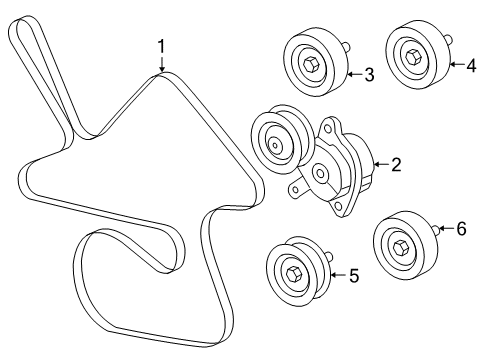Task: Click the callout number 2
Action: point(395,164)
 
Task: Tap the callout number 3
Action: point(369,73)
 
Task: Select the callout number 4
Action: point(470,65)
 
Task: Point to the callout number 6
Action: point(461,229)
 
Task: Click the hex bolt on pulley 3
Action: point(308,62)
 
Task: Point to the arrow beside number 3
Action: point(351,73)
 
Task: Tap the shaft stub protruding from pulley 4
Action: point(450,41)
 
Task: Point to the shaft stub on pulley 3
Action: point(347,46)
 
